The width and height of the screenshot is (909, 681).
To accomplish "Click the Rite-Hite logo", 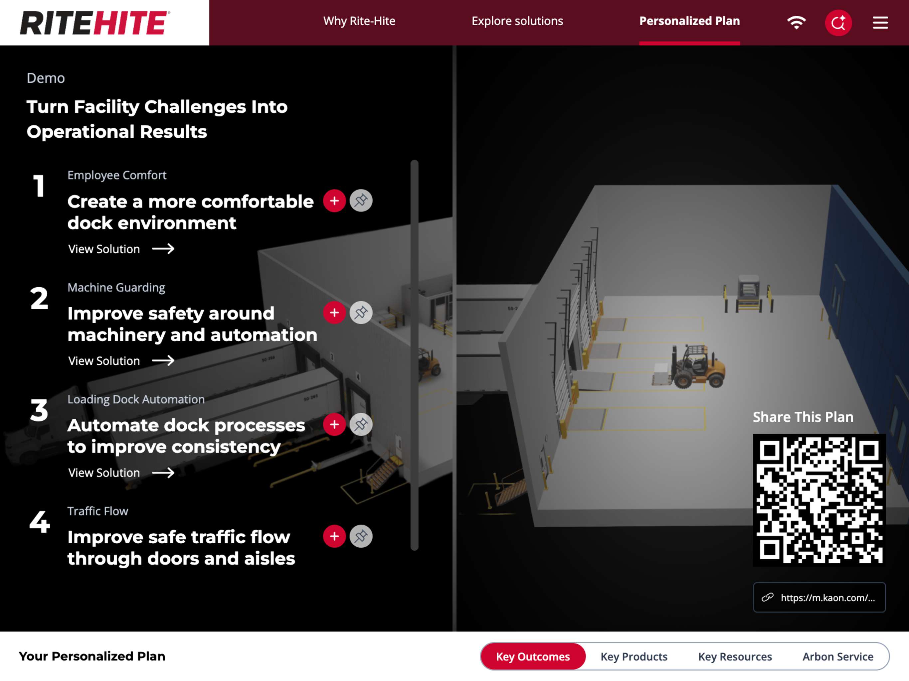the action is click(x=95, y=23).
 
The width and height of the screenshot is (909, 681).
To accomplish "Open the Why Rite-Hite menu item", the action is click(x=359, y=21).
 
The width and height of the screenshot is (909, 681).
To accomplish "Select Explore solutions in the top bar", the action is click(x=517, y=21).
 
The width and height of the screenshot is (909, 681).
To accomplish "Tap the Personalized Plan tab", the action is click(x=689, y=21).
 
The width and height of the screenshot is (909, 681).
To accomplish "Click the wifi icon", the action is click(x=796, y=23).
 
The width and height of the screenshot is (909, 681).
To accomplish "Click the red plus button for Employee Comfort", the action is click(x=334, y=201).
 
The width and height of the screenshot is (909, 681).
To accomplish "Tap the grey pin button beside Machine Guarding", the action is click(x=361, y=313).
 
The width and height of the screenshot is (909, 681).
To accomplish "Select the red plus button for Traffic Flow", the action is click(x=334, y=536).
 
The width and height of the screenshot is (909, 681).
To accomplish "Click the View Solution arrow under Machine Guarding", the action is click(x=163, y=361).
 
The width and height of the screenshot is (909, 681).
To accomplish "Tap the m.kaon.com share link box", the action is click(x=819, y=597).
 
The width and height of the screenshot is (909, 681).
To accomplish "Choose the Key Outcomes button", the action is click(x=533, y=656).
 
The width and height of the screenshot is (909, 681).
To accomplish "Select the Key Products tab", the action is click(x=634, y=656).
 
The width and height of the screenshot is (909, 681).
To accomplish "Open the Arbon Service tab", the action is click(x=838, y=656).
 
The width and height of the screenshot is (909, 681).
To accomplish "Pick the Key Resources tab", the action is click(x=735, y=656).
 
